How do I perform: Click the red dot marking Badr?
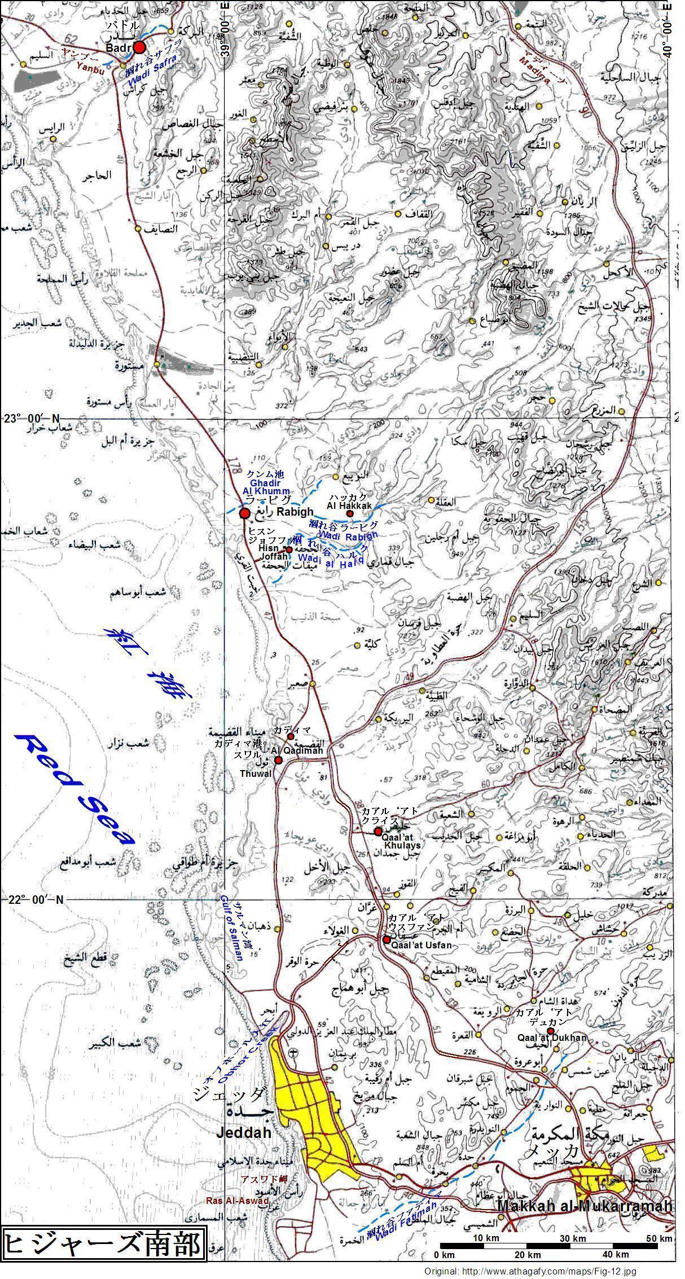(x=139, y=48)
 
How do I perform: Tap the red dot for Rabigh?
(x=244, y=513)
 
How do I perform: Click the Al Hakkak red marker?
(x=349, y=513)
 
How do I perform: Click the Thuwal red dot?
(x=278, y=761)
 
